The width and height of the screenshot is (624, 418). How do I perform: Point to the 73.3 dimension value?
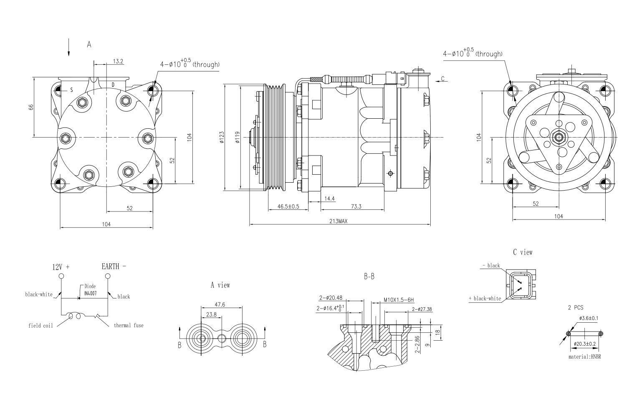click(356, 206)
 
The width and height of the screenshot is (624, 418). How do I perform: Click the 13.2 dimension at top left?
click(118, 61)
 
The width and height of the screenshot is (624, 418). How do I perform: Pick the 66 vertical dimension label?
click(31, 107)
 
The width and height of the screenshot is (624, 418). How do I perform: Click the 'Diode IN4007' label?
click(90, 290)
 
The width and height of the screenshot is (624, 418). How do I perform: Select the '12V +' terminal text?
click(61, 267)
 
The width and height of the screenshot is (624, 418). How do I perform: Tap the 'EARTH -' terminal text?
click(114, 266)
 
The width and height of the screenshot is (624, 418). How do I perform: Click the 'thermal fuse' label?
click(128, 325)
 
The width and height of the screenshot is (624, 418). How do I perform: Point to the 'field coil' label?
click(40, 326)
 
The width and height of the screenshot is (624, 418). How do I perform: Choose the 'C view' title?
click(523, 252)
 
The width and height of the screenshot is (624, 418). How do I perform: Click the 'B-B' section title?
click(369, 277)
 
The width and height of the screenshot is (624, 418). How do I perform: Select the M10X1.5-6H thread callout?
click(398, 300)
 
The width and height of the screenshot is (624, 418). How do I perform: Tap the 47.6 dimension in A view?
click(220, 305)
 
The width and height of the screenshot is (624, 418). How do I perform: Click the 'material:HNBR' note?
click(584, 357)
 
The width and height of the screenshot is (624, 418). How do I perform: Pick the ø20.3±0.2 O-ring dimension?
click(585, 344)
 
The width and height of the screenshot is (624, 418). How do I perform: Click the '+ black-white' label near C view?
click(485, 298)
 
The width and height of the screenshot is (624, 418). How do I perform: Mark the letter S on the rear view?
click(71, 90)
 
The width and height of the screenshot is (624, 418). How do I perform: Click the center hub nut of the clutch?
click(558, 137)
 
